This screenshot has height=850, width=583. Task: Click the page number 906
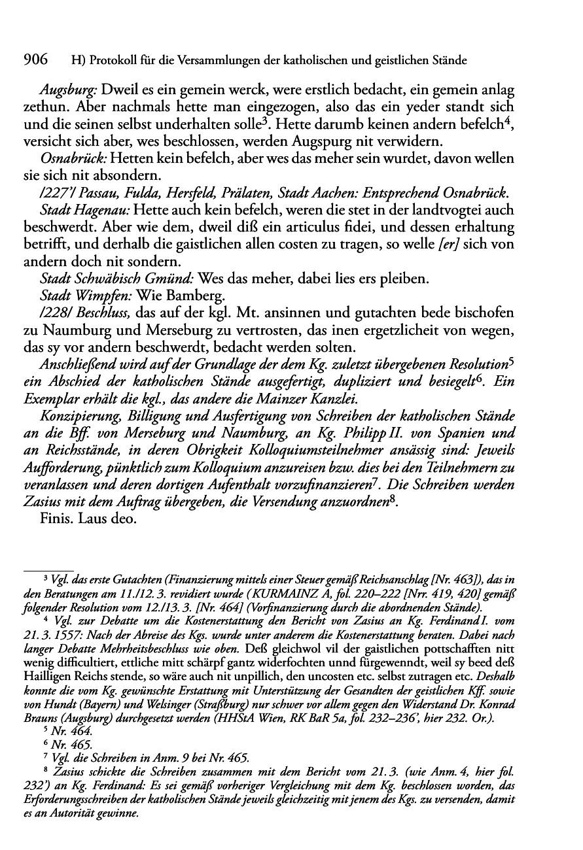click(x=36, y=60)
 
